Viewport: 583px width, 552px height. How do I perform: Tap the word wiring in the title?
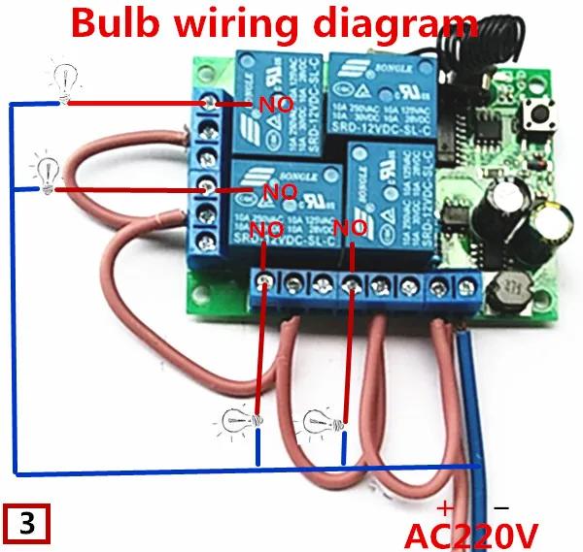[244, 25]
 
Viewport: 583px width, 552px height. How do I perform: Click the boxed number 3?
[26, 524]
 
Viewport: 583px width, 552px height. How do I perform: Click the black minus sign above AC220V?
[501, 507]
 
